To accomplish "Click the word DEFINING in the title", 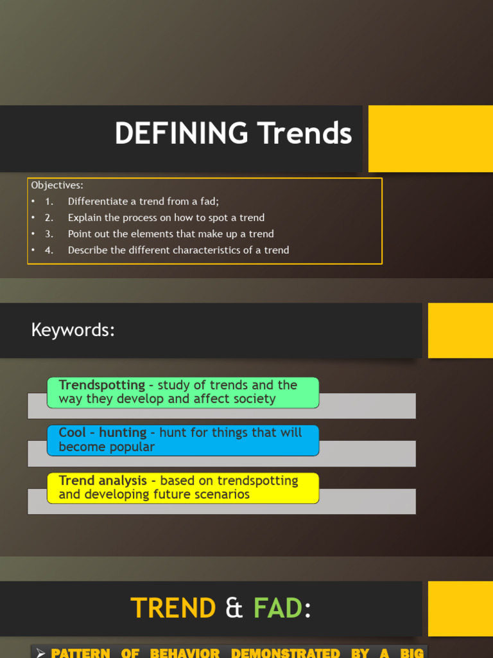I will coord(181,134).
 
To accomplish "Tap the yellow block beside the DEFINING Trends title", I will coord(430,139).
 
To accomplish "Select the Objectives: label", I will coord(57,185).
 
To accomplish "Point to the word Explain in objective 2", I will coord(85,217).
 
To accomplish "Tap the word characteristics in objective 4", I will coord(202,250).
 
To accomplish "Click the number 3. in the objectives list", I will coord(49,234).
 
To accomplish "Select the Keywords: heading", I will coord(73,330).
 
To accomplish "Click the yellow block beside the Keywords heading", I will coord(460,330).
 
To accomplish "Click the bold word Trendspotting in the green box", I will coord(101,385).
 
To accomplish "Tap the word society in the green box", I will coord(253,399).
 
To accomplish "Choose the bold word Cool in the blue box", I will coord(72,432).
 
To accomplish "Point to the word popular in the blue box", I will coord(131,447).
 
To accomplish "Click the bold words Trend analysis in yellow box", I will coord(103,481).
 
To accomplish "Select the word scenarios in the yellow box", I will coord(221,495).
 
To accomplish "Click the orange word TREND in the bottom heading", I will coord(173,608).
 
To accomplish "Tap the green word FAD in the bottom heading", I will coord(278,608).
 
